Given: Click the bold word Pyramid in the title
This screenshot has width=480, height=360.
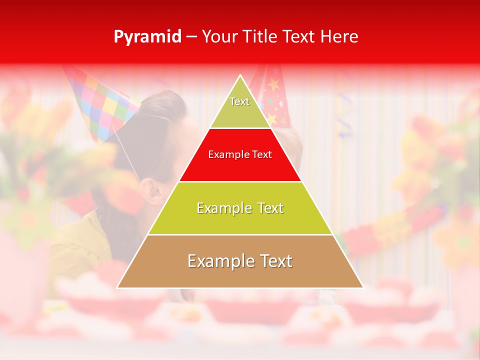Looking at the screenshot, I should pyautogui.click(x=147, y=37).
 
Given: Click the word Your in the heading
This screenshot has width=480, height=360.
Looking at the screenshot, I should pyautogui.click(x=220, y=37).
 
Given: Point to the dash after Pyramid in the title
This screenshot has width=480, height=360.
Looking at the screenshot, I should pyautogui.click(x=191, y=37).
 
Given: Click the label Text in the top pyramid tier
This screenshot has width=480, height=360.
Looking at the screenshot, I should pyautogui.click(x=239, y=101).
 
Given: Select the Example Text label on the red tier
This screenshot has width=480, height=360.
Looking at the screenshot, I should pyautogui.click(x=240, y=154).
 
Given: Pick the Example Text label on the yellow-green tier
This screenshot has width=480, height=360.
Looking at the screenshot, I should pyautogui.click(x=240, y=208).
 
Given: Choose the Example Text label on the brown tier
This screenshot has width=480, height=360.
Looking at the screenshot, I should pyautogui.click(x=240, y=261).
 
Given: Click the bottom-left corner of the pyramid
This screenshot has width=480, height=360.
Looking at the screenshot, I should pyautogui.click(x=117, y=287).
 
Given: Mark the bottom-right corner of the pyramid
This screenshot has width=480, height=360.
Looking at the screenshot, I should pyautogui.click(x=363, y=287).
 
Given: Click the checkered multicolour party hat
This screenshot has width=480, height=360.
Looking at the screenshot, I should pyautogui.click(x=102, y=102).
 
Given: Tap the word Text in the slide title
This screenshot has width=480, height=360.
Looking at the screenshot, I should pyautogui.click(x=299, y=37).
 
